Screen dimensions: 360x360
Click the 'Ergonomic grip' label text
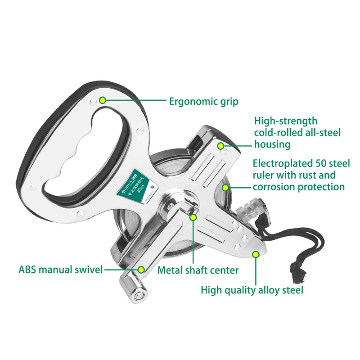(203, 101)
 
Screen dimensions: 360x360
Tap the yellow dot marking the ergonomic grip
(103, 100)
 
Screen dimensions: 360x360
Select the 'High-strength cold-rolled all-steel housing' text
(297, 133)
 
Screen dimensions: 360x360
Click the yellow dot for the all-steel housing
(220, 145)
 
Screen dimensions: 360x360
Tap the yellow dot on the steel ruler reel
(226, 186)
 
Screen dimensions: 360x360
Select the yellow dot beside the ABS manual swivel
(141, 270)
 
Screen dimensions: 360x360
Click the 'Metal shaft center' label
(198, 270)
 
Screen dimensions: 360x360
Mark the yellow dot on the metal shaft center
(193, 217)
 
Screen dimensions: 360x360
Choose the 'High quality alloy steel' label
(252, 290)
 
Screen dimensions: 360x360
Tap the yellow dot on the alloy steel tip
(256, 254)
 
